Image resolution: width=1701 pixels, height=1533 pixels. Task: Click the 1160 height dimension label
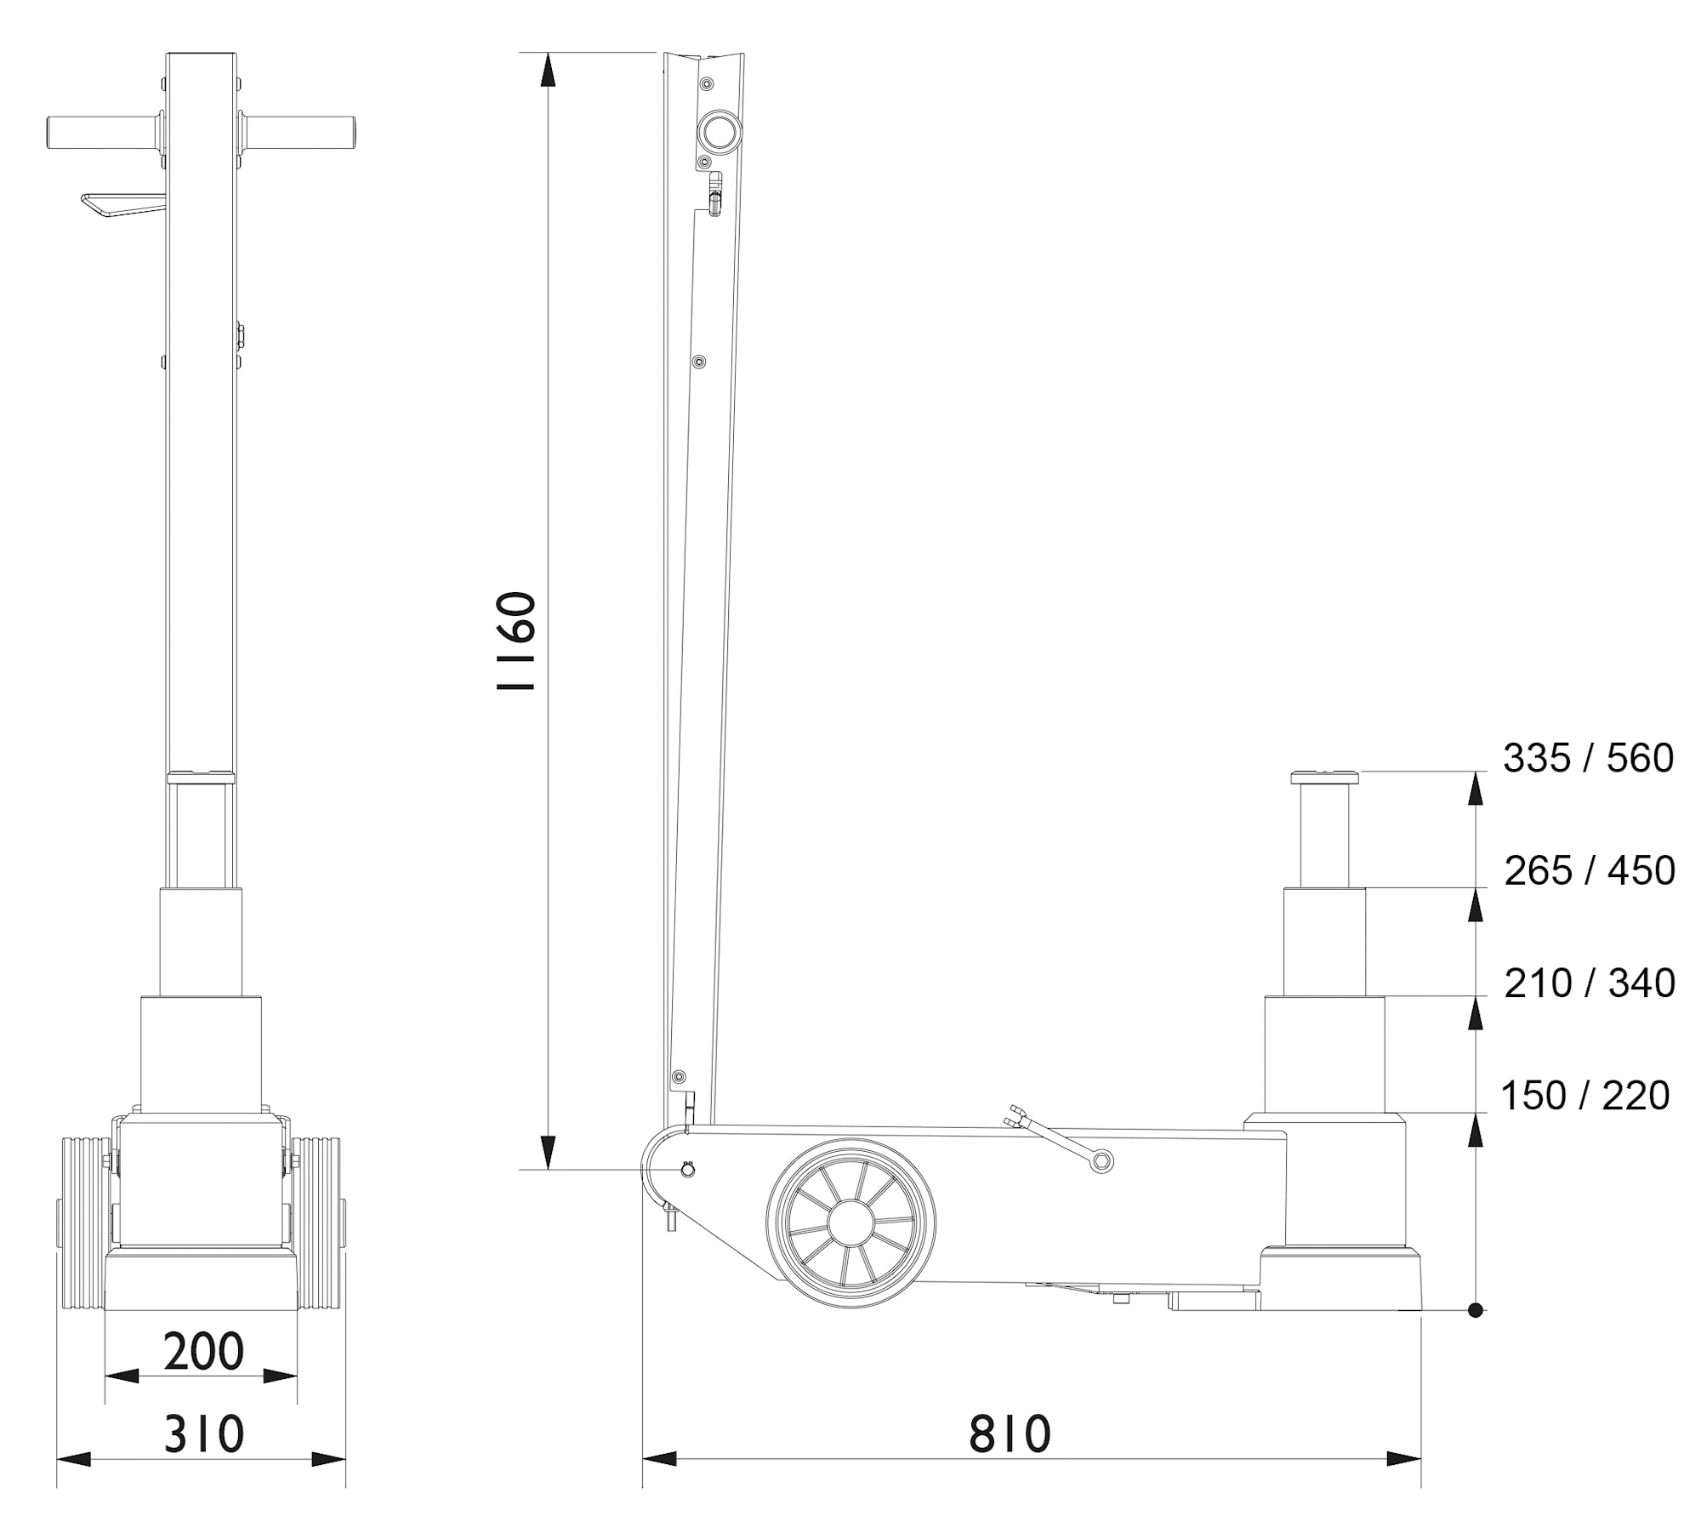coord(517,641)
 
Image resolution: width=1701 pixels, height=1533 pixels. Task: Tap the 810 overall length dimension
coord(1010,1433)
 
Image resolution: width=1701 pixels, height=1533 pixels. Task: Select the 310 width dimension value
coord(203,1433)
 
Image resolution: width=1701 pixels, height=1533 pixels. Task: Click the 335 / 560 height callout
coord(1588,758)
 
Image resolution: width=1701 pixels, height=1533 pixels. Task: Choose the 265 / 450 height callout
coord(1589,870)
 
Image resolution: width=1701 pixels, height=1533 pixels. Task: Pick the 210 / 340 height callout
coord(1589,983)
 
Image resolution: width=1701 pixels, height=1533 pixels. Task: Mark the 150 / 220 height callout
coord(1584,1096)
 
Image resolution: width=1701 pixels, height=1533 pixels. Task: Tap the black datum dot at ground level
coord(1476,1310)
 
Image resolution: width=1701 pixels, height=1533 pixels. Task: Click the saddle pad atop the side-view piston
coord(1324,777)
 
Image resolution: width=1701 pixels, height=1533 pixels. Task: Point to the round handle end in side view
coord(719,132)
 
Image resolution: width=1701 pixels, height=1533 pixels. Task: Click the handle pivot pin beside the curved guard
coord(687,1171)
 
